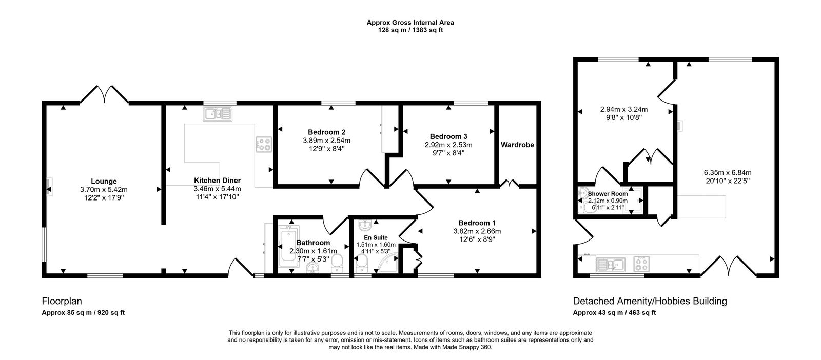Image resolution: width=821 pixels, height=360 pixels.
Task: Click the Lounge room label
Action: [104, 181]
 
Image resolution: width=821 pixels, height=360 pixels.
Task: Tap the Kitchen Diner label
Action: [217, 181]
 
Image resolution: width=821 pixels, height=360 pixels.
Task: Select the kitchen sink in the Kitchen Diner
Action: [217, 114]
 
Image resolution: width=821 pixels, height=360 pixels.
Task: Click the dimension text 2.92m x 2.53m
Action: [448, 145]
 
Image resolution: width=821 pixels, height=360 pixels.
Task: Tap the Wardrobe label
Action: [517, 145]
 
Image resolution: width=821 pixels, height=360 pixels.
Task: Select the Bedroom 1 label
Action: [477, 223]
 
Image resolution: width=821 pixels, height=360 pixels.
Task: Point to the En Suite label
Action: [376, 238]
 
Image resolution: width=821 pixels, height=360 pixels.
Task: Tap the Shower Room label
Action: [608, 194]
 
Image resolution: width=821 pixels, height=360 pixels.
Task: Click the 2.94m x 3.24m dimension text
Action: [623, 109]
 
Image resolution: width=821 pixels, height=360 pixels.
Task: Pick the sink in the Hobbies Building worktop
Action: [611, 265]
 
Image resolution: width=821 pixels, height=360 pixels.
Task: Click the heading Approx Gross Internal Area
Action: [410, 23]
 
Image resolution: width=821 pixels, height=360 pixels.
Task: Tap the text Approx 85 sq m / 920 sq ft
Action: [83, 313]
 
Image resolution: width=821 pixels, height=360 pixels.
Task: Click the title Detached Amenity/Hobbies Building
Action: [650, 301]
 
